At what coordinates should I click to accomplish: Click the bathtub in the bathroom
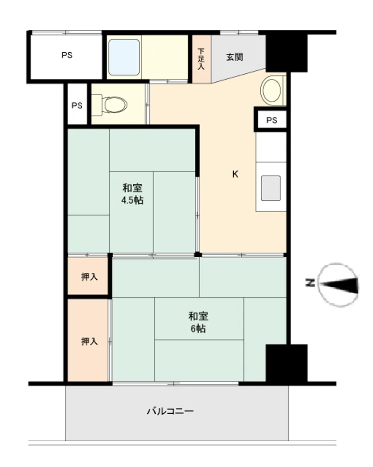(124, 57)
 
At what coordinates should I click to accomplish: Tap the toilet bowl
(112, 105)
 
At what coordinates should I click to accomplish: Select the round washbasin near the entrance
(271, 90)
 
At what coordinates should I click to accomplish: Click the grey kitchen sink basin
(271, 188)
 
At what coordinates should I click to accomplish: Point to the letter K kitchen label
(235, 174)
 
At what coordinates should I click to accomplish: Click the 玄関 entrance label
(235, 57)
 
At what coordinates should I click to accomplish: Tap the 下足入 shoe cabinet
(201, 59)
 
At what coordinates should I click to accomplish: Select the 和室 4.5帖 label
(132, 194)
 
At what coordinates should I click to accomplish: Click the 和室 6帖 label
(198, 322)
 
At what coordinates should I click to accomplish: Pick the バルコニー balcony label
(170, 411)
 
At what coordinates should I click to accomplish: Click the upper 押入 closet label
(89, 276)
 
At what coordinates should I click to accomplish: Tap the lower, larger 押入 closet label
(89, 341)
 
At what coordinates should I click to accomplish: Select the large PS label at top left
(67, 55)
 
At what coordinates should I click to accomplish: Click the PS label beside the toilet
(77, 106)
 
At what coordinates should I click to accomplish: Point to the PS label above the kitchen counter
(272, 120)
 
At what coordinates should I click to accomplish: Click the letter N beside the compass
(310, 283)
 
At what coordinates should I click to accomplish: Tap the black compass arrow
(340, 285)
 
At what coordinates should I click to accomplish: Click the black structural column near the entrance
(286, 52)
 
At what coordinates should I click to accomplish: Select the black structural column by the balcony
(287, 364)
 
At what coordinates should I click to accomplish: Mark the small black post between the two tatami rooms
(198, 255)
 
